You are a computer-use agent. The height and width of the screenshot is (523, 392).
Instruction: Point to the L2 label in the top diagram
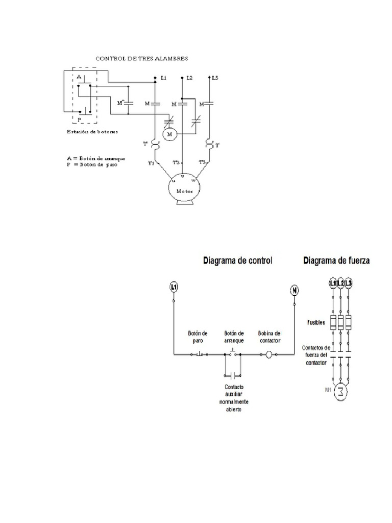[x=189, y=78]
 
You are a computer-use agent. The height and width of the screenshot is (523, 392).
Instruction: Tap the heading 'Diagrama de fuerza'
[x=337, y=260]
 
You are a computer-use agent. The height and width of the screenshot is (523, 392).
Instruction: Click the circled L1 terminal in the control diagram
[x=174, y=287]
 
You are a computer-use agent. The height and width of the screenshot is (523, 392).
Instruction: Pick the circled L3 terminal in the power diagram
[x=349, y=283]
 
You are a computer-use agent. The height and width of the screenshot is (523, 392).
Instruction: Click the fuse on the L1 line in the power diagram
[x=333, y=323]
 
